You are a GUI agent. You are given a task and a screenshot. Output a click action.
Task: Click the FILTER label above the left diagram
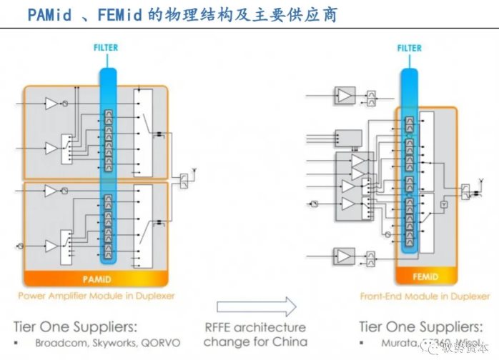(105, 48)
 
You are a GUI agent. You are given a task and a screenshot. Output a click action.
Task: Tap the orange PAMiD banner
(95, 277)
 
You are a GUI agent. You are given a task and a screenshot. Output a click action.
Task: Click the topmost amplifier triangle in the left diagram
(51, 104)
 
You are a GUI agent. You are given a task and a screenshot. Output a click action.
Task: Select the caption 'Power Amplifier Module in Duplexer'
(96, 295)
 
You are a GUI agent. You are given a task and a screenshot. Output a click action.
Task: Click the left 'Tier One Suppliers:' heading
(74, 326)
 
